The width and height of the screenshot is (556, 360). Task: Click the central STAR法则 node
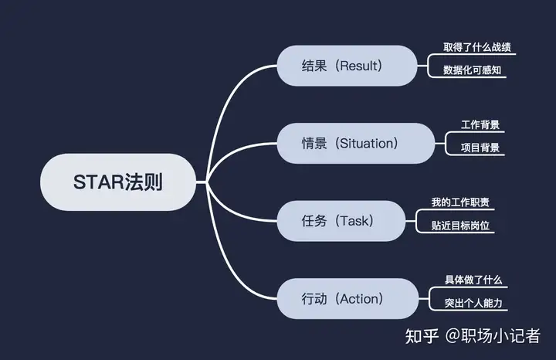[118, 182]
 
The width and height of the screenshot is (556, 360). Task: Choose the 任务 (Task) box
[341, 221]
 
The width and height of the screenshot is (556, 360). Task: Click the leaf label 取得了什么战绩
[476, 48]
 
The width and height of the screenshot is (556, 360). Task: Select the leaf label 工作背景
[480, 125]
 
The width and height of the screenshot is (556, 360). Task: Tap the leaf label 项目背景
[480, 148]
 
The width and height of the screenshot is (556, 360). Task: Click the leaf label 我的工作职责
[460, 202]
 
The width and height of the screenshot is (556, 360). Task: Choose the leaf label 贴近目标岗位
[460, 226]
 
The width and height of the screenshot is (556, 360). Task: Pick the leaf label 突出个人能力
[473, 303]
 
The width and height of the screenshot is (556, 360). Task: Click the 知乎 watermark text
[422, 335]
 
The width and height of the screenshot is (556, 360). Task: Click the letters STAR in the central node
[99, 182]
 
